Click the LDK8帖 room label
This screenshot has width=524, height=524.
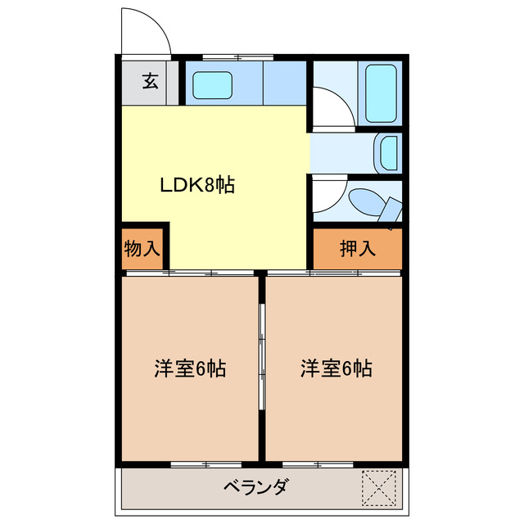(196, 185)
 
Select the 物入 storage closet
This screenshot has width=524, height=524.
(142, 248)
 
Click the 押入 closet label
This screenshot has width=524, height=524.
(358, 248)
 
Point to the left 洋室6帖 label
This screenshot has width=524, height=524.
(190, 368)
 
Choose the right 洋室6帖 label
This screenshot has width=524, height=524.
(336, 368)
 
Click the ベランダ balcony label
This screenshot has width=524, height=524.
(255, 488)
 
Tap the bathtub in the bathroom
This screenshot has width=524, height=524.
(382, 93)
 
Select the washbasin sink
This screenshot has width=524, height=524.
(387, 153)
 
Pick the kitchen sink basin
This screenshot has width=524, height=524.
(212, 84)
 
